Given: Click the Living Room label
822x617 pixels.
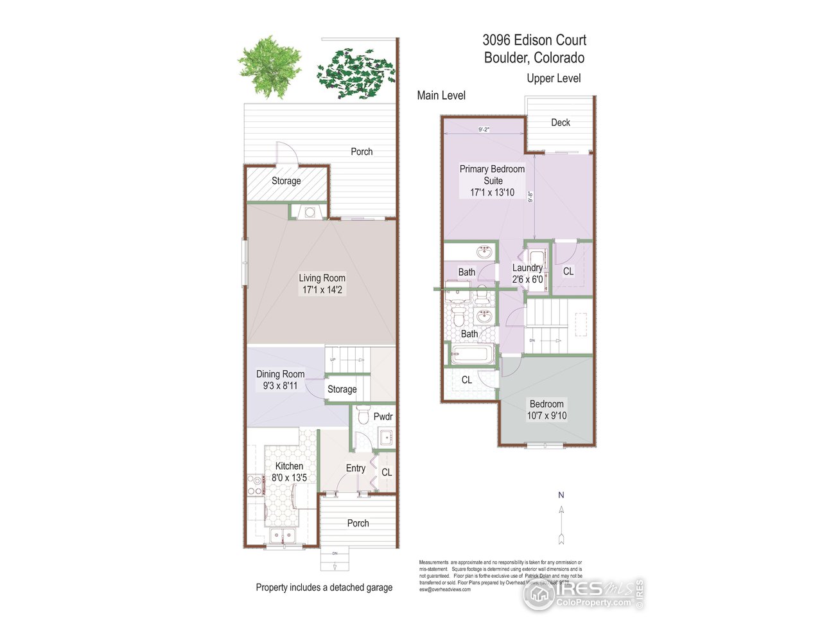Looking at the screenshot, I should pyautogui.click(x=322, y=278).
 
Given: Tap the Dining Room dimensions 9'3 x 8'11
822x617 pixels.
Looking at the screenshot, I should pyautogui.click(x=280, y=386).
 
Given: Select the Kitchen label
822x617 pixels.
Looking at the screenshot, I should pyautogui.click(x=289, y=466).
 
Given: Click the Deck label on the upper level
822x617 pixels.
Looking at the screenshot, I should pyautogui.click(x=560, y=122).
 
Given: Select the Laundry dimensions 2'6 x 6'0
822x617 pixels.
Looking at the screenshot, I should pyautogui.click(x=527, y=280).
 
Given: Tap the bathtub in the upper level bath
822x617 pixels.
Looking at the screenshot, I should pyautogui.click(x=472, y=355).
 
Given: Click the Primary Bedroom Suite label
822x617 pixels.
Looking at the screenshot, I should pyautogui.click(x=492, y=175).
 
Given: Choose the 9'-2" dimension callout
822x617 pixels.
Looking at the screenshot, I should pyautogui.click(x=484, y=129).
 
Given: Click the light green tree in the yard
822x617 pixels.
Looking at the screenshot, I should pyautogui.click(x=269, y=66).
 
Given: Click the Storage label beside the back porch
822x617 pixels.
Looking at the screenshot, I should pyautogui.click(x=286, y=181).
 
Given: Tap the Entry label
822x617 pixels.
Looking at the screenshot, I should pyautogui.click(x=355, y=468).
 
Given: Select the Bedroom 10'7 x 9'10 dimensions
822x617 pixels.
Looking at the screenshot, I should pyautogui.click(x=547, y=416).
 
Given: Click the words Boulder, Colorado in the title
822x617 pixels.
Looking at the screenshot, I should pyautogui.click(x=534, y=58).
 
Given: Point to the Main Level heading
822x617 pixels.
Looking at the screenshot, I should pyautogui.click(x=441, y=95).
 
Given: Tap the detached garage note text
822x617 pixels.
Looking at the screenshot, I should pyautogui.click(x=324, y=587).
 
